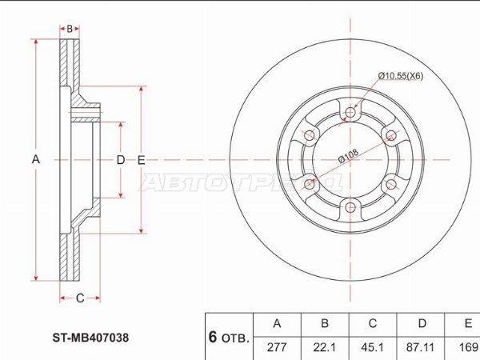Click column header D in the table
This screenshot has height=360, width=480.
[421, 324]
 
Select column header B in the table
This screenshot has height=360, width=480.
[325, 324]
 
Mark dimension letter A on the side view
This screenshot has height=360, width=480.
[35, 160]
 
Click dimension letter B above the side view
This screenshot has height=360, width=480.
[70, 29]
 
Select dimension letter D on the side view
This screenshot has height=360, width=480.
[121, 160]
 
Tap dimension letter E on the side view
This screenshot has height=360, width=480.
[141, 160]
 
